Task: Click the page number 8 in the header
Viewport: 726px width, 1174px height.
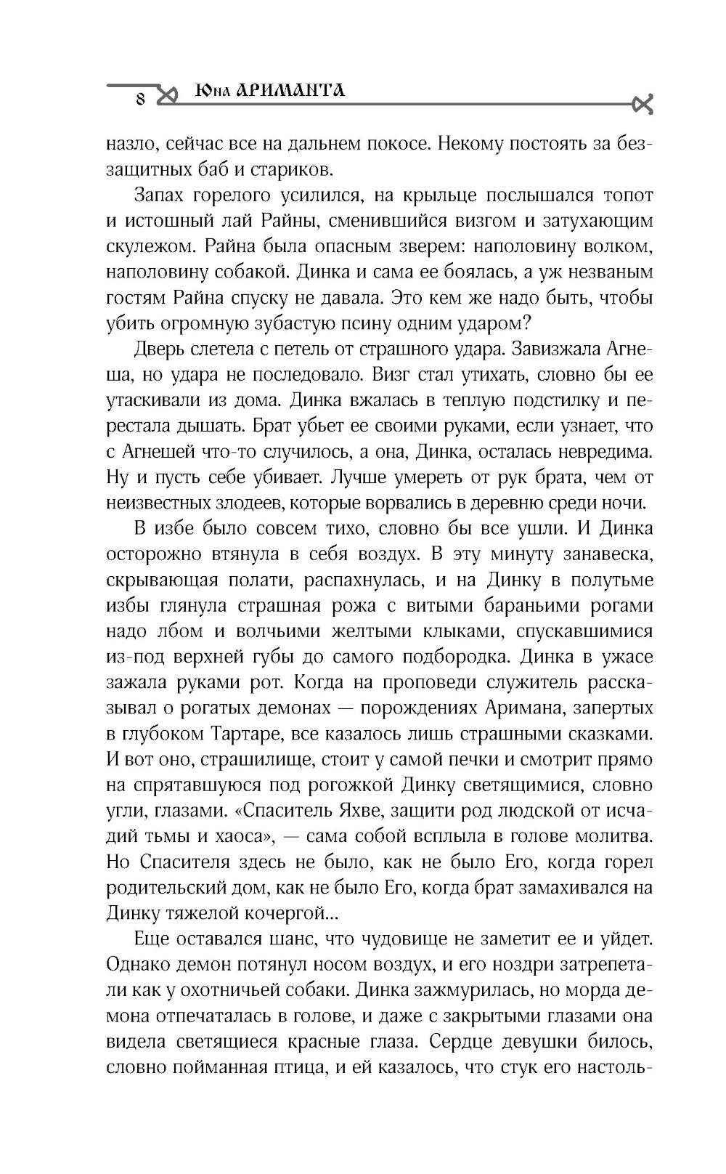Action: click(141, 99)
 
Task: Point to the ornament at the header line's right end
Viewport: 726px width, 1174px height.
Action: click(643, 105)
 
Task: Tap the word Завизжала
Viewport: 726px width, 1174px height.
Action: click(557, 349)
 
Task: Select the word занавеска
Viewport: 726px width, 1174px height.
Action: click(608, 554)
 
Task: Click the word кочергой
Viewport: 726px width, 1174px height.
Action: click(288, 912)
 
